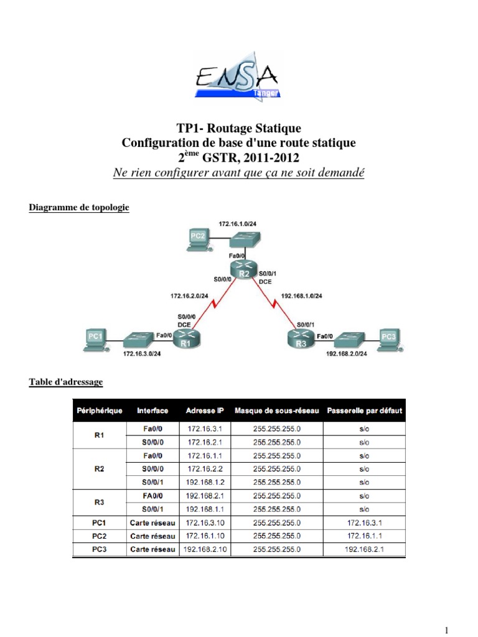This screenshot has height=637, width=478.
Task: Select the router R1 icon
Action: tap(186, 339)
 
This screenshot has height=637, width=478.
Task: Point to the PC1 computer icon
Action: tap(96, 340)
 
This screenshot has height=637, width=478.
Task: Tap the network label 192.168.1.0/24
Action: tap(302, 297)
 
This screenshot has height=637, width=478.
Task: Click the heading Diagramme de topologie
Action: tap(79, 208)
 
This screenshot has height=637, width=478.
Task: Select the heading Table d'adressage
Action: tap(66, 381)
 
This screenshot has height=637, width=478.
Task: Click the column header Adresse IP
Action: tap(205, 411)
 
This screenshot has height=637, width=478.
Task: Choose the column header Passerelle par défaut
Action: tap(364, 411)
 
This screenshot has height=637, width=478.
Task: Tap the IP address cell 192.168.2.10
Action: tap(205, 549)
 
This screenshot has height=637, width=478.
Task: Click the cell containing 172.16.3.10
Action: tap(205, 523)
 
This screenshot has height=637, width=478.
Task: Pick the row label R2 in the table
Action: tap(99, 470)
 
